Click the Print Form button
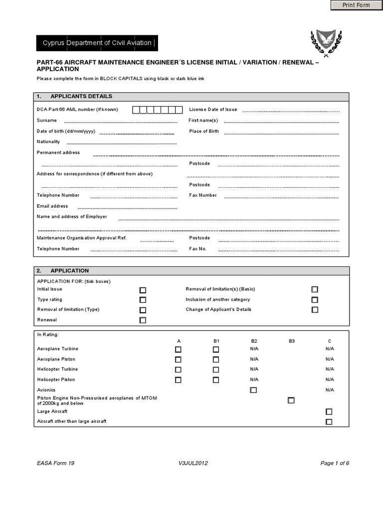(356, 5)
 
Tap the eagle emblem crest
(326, 41)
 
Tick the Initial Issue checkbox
(143, 290)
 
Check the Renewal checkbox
(143, 320)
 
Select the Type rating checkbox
(143, 300)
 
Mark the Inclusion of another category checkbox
(315, 300)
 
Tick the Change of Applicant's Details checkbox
(315, 310)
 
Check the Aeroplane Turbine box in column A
(178, 350)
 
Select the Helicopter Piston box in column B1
(216, 380)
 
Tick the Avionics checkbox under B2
(253, 390)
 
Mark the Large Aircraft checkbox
(329, 412)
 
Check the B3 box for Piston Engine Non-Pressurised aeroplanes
(291, 400)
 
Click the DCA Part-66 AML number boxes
(158, 110)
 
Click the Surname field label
(47, 121)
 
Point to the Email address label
(52, 206)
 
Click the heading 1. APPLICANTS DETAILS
(81, 96)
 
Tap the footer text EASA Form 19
(56, 463)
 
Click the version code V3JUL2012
(193, 463)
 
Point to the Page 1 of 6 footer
(335, 463)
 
